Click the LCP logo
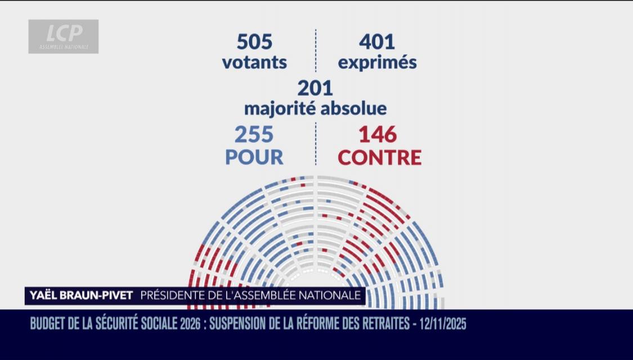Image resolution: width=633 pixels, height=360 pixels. click(x=64, y=37)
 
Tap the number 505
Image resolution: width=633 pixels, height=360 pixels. click(x=254, y=42)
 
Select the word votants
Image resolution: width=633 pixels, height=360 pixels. click(x=254, y=62)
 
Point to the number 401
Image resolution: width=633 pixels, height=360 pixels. click(x=377, y=42)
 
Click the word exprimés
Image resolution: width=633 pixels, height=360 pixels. click(x=377, y=62)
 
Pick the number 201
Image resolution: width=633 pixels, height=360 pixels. click(x=315, y=88)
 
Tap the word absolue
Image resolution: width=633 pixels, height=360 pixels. click(x=354, y=107)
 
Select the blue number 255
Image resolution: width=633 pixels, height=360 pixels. click(x=254, y=135)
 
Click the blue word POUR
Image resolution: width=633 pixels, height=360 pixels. click(x=254, y=157)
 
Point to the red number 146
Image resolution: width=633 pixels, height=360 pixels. click(x=378, y=135)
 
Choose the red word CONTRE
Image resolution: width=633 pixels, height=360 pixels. click(x=379, y=157)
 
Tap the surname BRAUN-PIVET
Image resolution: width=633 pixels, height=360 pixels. click(x=99, y=295)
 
